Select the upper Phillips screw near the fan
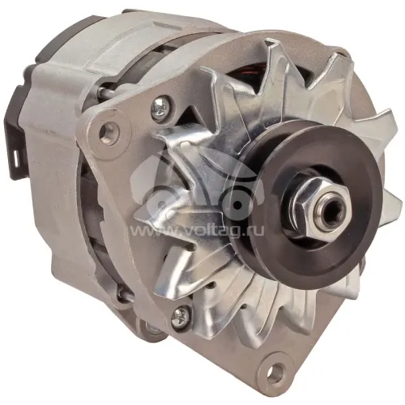click(161, 108)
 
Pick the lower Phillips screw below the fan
click(181, 314)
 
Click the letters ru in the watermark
click(255, 232)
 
